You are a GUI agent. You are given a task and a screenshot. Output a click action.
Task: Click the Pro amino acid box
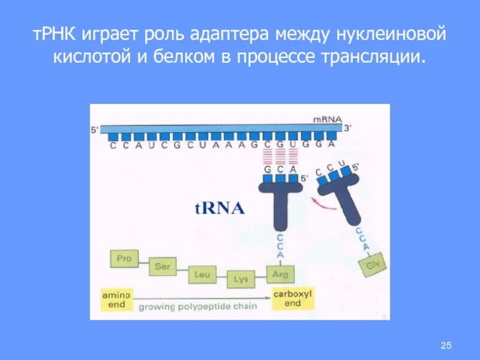[x=124, y=259]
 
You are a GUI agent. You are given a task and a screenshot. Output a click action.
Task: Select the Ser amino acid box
[x=162, y=267]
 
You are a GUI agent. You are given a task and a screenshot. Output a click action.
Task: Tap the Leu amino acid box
[x=201, y=275]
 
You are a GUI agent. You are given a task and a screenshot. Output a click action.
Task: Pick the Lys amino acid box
[x=241, y=280]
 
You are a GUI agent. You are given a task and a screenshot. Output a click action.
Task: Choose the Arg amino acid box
[x=280, y=275]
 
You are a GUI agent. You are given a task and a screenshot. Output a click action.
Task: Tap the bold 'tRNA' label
[x=219, y=208]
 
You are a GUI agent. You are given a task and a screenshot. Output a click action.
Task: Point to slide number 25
[x=445, y=344]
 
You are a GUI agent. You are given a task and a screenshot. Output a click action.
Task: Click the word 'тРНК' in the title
[x=53, y=36]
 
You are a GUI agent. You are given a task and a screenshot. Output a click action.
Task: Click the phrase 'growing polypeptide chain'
[x=198, y=307]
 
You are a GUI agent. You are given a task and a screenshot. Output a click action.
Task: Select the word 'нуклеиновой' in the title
[x=393, y=36]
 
